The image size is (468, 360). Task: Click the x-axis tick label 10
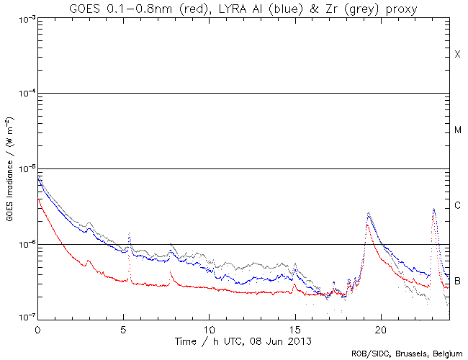pos(209,328)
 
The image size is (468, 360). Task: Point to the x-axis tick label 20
pos(380,328)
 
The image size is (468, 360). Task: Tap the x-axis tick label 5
pos(123,328)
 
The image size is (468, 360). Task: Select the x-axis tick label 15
pos(294,328)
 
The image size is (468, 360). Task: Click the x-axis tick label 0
pos(37,328)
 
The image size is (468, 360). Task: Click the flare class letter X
pos(457,55)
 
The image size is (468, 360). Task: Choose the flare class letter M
pos(457,130)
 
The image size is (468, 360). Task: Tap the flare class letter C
pos(457,206)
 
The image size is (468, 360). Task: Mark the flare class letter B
pos(457,280)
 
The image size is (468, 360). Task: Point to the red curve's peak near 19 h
pos(367,225)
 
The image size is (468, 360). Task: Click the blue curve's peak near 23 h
pos(433,210)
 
